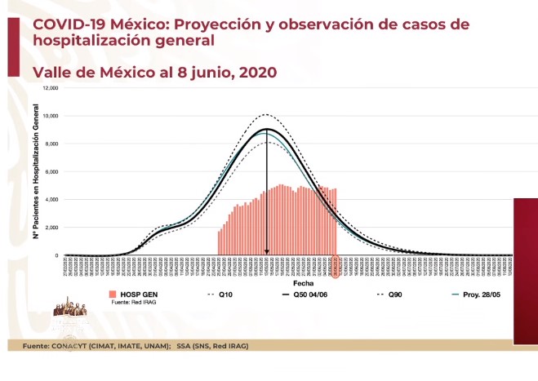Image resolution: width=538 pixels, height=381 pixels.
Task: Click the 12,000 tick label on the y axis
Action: [x=51, y=88]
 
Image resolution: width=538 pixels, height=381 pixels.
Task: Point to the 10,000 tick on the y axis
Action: [x=51, y=116]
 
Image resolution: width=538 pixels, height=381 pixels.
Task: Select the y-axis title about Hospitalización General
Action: [x=37, y=171]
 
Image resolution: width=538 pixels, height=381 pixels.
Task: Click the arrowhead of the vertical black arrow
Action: [x=267, y=252]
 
